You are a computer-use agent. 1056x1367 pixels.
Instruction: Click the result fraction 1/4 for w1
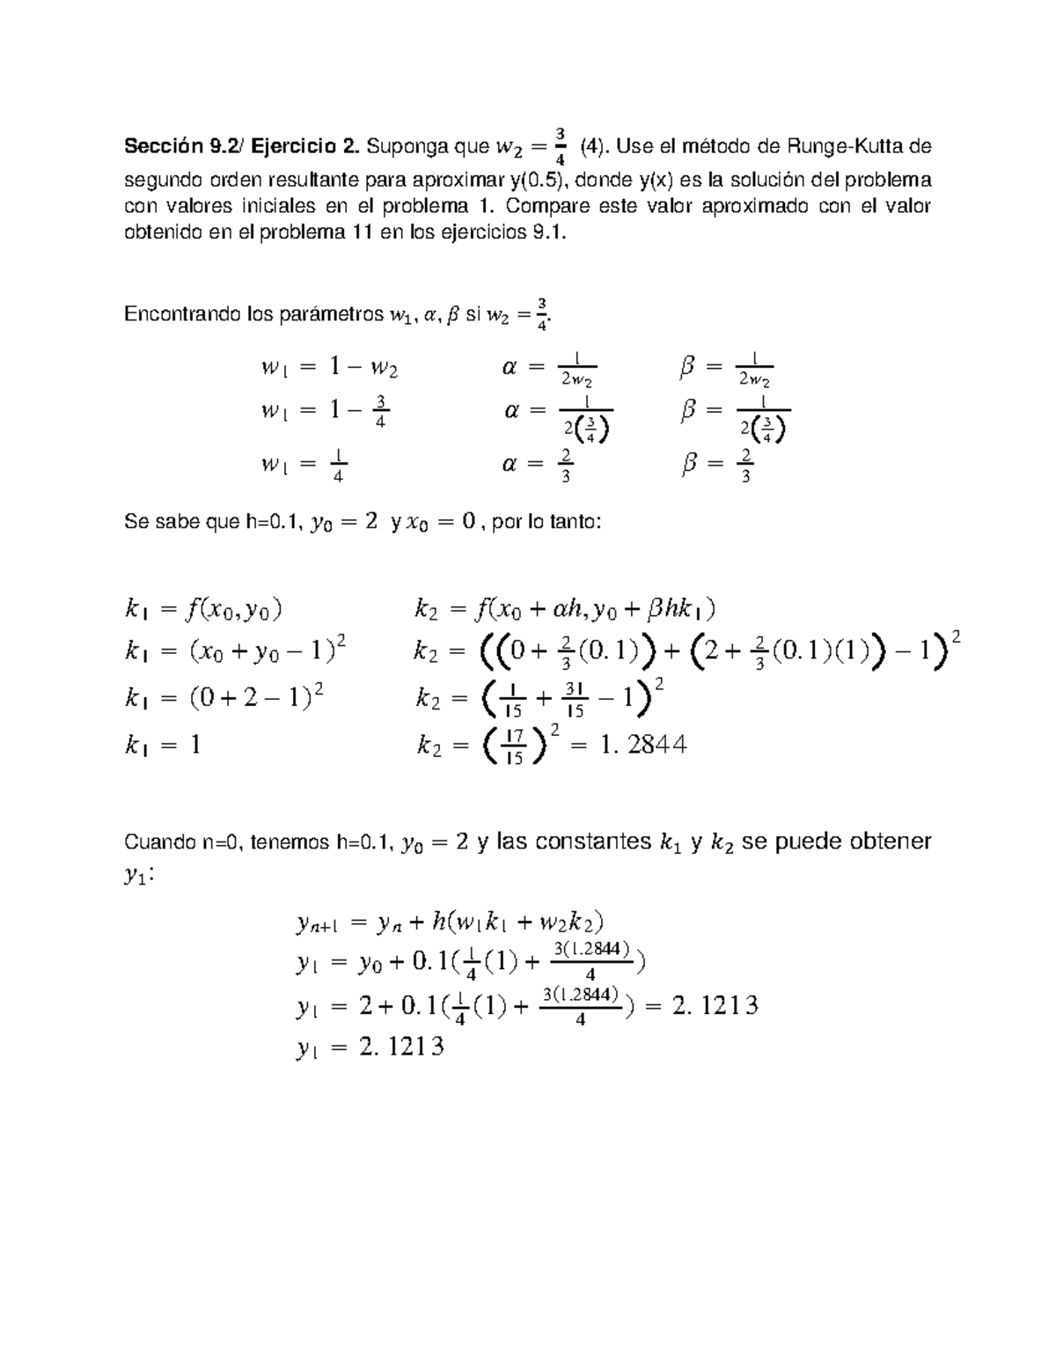click(x=338, y=466)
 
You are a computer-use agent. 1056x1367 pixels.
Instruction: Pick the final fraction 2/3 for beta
click(x=745, y=466)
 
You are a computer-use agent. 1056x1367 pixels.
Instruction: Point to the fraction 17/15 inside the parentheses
click(x=516, y=746)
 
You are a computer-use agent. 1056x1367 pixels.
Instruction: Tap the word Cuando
click(x=155, y=842)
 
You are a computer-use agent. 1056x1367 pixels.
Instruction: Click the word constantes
click(x=590, y=842)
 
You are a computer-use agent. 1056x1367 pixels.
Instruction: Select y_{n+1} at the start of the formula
click(x=313, y=923)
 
